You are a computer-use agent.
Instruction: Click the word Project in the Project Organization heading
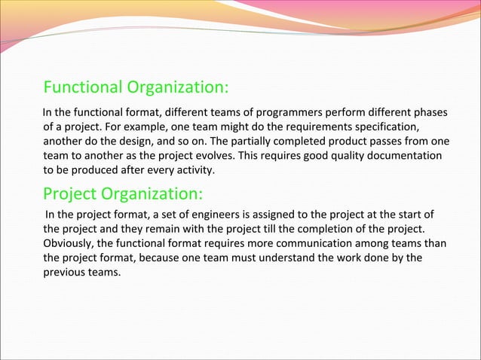(x=70, y=194)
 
